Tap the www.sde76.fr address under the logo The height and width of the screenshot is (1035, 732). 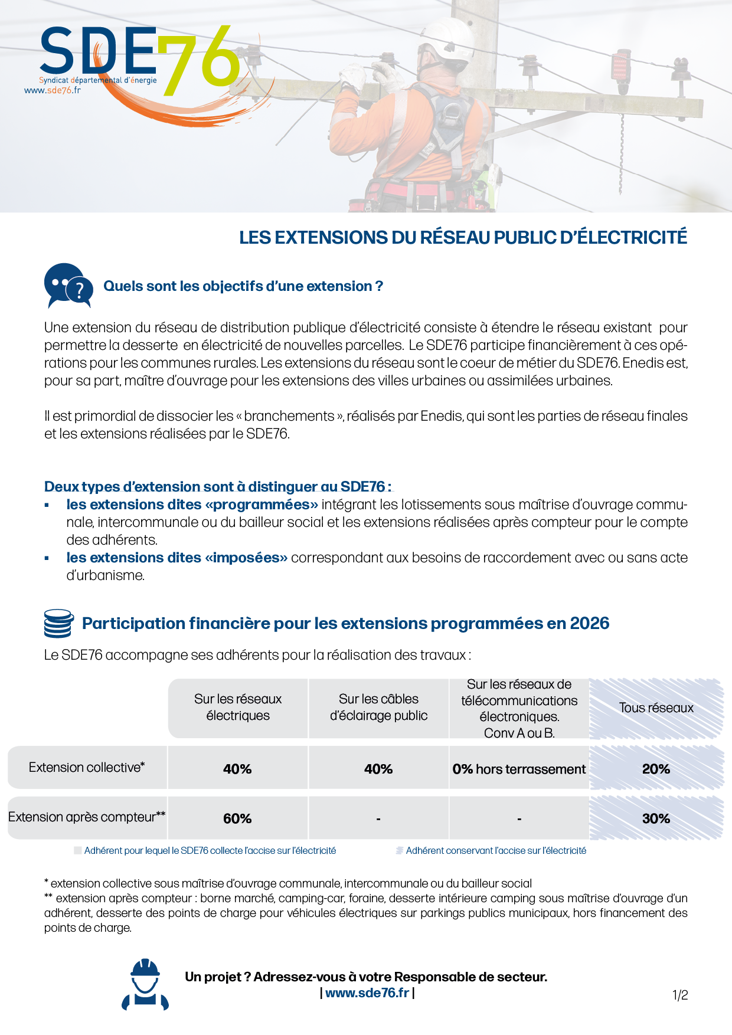[x=52, y=90]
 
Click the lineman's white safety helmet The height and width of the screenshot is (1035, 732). [x=449, y=39]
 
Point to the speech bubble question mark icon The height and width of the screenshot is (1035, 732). [x=68, y=286]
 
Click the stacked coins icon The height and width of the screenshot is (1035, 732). [x=59, y=624]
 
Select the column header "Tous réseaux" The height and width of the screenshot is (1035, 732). [x=656, y=708]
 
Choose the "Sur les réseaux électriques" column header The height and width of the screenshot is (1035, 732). [x=238, y=708]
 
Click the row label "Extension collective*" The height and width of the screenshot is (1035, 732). [x=87, y=767]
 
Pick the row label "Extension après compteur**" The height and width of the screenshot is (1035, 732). [x=87, y=817]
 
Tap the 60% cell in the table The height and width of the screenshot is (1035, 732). [x=237, y=818]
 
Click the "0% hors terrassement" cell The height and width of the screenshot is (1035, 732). [x=519, y=769]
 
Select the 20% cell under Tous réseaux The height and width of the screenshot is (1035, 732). [x=656, y=769]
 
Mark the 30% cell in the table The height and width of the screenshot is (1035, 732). [x=656, y=818]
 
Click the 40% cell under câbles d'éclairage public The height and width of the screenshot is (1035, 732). [x=378, y=769]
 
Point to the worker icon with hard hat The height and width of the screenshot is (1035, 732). [x=145, y=985]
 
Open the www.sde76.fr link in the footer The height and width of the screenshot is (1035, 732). [x=367, y=993]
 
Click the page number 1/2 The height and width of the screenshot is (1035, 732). [x=680, y=995]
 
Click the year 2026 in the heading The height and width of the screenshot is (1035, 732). [x=589, y=624]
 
